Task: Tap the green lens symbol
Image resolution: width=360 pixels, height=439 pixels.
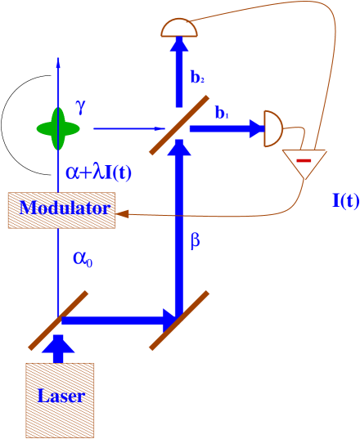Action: (x=58, y=128)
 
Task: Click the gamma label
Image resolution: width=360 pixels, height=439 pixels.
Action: (x=80, y=106)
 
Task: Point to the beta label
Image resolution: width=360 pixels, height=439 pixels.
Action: (x=195, y=241)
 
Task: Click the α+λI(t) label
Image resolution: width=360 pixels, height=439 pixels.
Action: (x=98, y=172)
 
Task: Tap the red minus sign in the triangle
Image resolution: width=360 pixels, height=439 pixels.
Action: (x=303, y=160)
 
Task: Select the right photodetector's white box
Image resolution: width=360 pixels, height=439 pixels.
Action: (x=253, y=129)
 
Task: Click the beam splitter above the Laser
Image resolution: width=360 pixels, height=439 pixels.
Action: (x=58, y=320)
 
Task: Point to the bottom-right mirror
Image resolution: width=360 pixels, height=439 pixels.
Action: (x=178, y=320)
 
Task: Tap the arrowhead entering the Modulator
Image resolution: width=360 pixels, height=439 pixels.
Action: (x=123, y=214)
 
